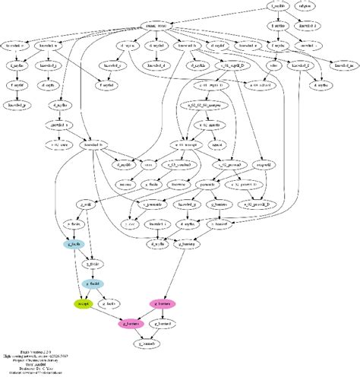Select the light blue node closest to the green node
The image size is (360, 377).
(x=93, y=284)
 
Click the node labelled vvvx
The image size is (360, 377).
(x=150, y=163)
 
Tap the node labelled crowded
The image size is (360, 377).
(x=309, y=46)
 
